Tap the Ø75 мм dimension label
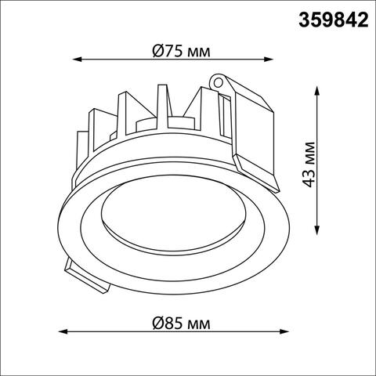[x=180, y=50]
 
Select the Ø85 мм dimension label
[x=180, y=322]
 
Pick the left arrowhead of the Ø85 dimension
[x=62, y=331]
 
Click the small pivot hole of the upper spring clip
[x=219, y=80]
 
